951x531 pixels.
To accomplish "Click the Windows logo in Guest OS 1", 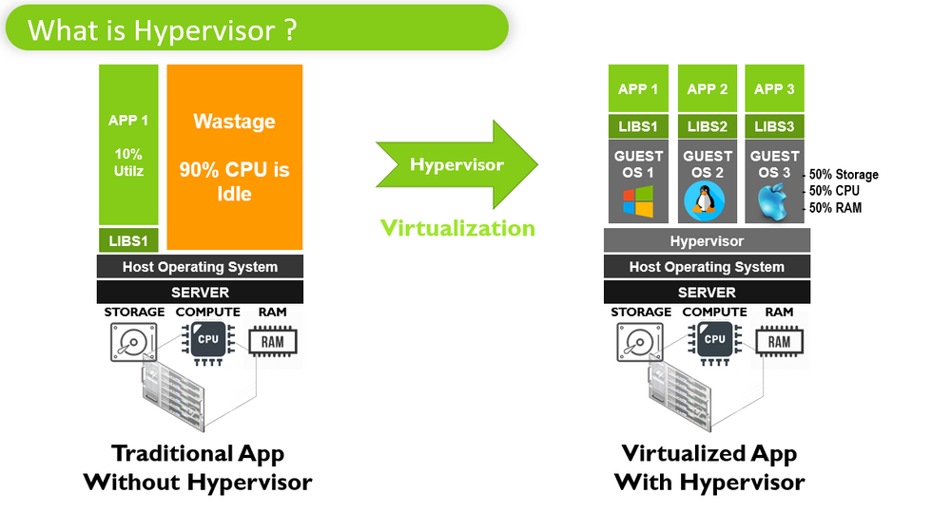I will (x=638, y=201).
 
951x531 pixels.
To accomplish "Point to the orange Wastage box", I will (x=235, y=157).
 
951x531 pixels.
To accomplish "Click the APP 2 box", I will (x=707, y=88).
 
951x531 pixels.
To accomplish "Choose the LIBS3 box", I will (x=775, y=126).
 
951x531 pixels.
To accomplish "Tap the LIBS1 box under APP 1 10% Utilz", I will (x=128, y=240).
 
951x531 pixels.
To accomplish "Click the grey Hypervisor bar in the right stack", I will (x=707, y=241).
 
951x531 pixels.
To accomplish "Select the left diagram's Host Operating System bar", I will (x=200, y=267).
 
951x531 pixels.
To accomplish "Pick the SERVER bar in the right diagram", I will (x=707, y=293).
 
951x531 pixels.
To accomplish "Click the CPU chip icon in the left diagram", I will (x=208, y=340).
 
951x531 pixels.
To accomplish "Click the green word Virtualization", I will (x=457, y=228).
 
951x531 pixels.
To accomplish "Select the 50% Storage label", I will (x=843, y=175).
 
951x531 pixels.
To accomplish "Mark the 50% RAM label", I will (x=835, y=207).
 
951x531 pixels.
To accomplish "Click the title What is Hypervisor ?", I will (x=162, y=29).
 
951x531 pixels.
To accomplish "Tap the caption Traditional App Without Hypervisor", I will (x=198, y=467).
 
